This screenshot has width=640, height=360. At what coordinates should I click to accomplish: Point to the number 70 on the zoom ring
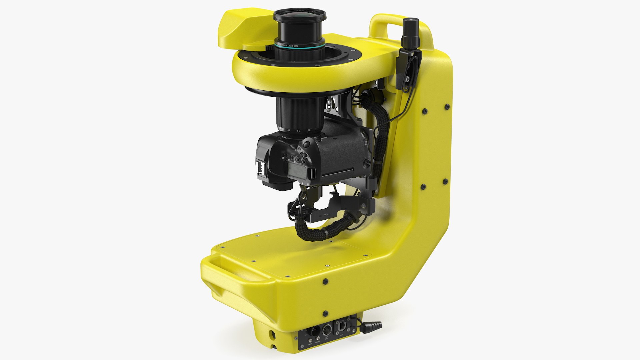coord(309,130)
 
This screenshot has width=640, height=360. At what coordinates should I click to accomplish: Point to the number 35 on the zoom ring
coord(289,130)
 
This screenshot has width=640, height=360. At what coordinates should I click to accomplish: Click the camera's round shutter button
coord(306,145)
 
